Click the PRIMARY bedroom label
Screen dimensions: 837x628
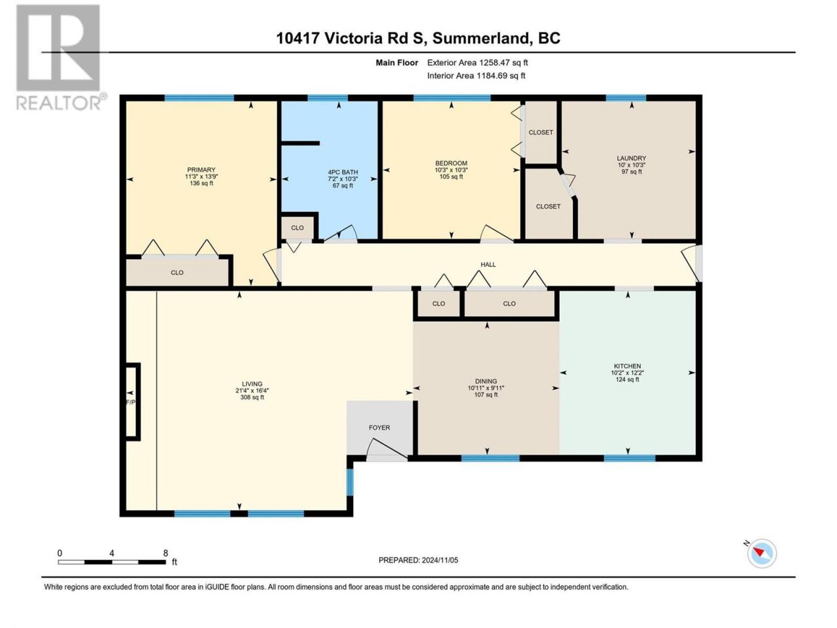click(201, 169)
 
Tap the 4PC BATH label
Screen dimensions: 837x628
click(343, 172)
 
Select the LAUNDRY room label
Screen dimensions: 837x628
click(631, 158)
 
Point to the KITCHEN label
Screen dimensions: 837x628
click(627, 366)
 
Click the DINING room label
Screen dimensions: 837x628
click(486, 381)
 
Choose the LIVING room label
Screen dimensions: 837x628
click(252, 384)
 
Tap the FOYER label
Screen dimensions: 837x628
click(379, 428)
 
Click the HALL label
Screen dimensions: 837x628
click(488, 265)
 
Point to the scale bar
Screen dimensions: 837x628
click(112, 562)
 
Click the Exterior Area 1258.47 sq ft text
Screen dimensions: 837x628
click(477, 63)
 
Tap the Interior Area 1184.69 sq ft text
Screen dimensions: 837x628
click(476, 75)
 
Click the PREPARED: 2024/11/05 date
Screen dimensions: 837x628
click(418, 560)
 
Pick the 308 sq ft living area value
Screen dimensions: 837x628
click(252, 397)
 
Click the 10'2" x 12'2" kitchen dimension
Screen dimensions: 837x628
click(627, 373)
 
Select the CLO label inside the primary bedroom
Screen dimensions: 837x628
click(177, 273)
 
